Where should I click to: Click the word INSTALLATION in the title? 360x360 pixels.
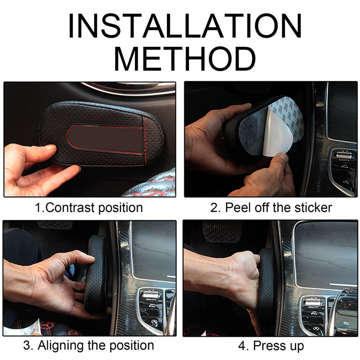tap(185, 25)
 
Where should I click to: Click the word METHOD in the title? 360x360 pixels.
tap(185, 59)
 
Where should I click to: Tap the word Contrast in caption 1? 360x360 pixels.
tap(70, 207)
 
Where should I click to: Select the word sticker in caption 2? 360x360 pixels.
tap(313, 207)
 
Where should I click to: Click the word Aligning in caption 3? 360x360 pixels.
tap(60, 345)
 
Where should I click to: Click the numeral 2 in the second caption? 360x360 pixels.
tap(214, 208)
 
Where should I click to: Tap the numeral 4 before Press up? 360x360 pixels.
tap(242, 346)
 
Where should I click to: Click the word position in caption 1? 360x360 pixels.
tap(121, 208)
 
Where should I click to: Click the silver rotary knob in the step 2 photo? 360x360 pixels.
tap(343, 156)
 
